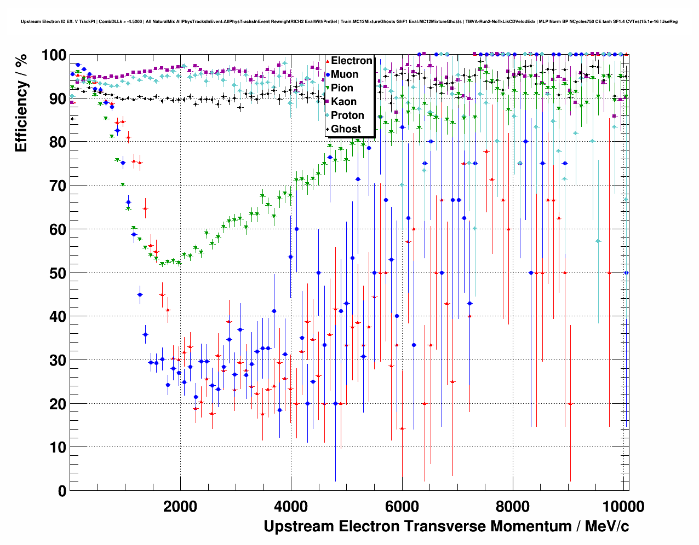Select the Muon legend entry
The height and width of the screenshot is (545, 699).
[345, 74]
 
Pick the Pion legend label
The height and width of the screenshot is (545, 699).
[342, 88]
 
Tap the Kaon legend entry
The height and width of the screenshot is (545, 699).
[343, 102]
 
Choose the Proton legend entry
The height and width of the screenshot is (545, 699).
[347, 115]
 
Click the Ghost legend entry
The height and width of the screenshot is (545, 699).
[346, 129]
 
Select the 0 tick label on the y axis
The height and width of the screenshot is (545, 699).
[62, 491]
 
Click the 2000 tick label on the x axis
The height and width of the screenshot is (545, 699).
[180, 506]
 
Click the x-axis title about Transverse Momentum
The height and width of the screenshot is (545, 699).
[446, 526]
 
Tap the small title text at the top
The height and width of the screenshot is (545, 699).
[349, 22]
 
